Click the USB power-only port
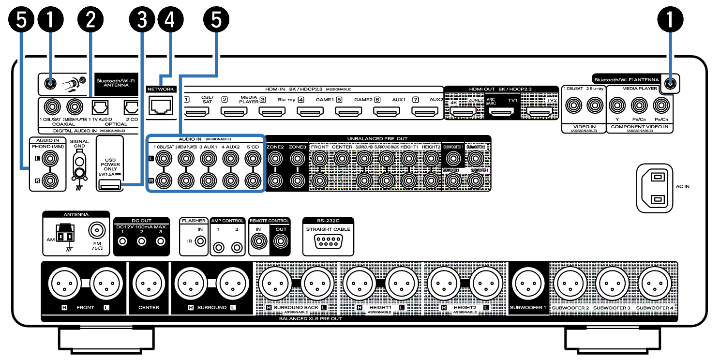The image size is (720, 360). click(109, 184)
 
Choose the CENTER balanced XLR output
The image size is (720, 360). click(148, 282)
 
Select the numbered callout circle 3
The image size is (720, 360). click(141, 21)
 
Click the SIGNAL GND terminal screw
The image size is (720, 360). click(78, 172)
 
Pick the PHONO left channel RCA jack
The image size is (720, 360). click(50, 158)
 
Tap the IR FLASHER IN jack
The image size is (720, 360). click(199, 240)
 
